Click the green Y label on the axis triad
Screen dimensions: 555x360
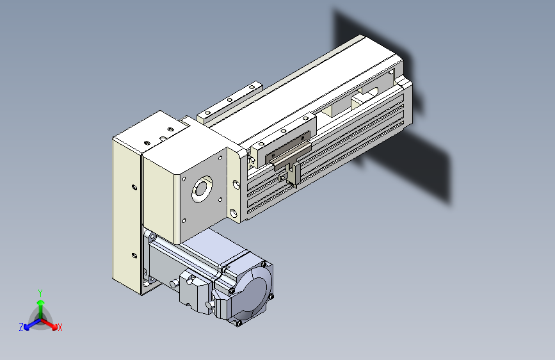point(40,293)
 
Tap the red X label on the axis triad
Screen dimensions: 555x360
point(60,327)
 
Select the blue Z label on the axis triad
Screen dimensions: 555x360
point(21,327)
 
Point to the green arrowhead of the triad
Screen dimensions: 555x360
point(41,303)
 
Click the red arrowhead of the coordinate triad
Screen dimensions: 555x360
point(54,326)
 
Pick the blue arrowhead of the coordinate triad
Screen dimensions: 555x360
point(26,327)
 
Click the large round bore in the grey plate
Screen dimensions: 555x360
point(202,189)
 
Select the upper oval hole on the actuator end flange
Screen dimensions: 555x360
point(236,184)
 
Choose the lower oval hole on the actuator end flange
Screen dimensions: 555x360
point(233,213)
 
